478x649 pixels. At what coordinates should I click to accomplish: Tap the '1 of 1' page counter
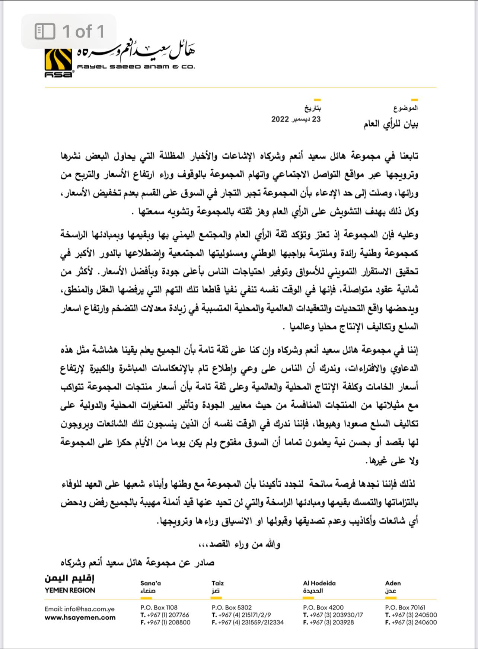point(69,31)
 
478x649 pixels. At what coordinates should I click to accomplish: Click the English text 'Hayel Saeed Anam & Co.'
point(136,67)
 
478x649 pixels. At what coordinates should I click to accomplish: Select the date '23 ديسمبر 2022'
point(296,119)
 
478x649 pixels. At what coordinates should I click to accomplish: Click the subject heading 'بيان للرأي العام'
point(391,124)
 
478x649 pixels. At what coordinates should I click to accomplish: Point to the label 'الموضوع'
point(405,108)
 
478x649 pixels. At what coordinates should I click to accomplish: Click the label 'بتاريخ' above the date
point(313,108)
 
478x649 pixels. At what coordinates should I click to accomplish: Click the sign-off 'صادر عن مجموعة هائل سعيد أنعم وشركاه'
point(137,562)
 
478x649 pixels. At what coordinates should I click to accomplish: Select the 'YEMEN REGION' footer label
point(70,590)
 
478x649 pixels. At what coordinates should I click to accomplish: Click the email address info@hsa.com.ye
point(80,609)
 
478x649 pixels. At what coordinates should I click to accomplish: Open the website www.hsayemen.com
point(80,617)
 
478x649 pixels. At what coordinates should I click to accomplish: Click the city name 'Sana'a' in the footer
point(150,583)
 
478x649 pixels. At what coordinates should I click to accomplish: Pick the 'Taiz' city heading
point(218,583)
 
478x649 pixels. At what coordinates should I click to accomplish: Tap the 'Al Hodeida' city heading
point(319,583)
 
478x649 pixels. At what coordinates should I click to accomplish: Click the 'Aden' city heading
point(393,583)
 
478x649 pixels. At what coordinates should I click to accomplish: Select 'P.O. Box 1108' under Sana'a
point(159,607)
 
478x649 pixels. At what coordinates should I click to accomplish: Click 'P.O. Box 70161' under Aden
point(405,607)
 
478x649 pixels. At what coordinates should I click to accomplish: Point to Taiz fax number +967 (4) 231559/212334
point(248,622)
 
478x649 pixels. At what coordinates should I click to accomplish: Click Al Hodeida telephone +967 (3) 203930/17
point(333,615)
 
